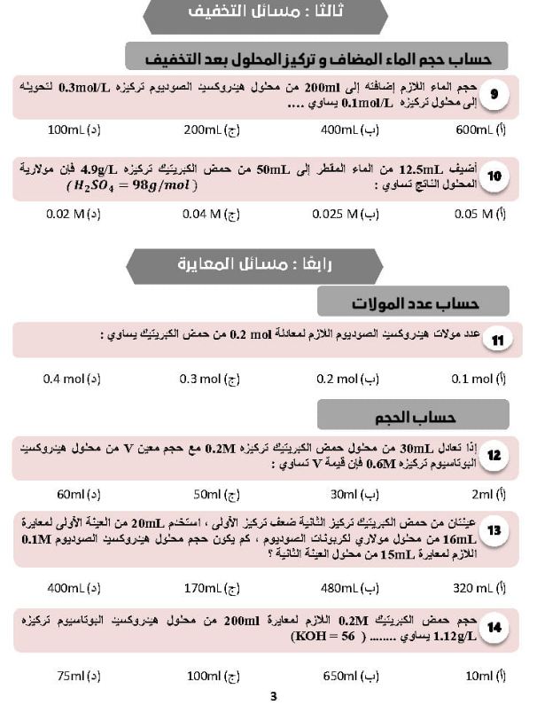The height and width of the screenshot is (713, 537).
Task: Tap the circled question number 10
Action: pos(494,176)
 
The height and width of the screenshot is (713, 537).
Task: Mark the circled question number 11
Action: pos(497,341)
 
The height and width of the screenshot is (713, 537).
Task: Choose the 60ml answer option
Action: pos(78,494)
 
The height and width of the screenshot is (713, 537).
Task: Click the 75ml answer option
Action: pos(78,677)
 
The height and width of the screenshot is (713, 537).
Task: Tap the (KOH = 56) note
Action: pos(317,636)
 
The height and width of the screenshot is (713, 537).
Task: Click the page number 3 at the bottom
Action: pos(274,697)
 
